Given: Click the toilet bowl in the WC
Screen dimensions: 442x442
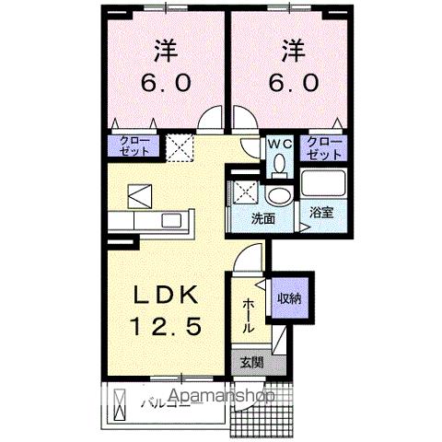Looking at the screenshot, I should click(279, 163).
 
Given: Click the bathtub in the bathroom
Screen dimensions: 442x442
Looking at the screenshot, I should click(322, 186).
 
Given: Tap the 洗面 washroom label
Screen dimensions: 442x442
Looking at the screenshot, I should click(263, 219).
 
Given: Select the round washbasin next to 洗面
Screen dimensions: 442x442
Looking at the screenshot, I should click(276, 196).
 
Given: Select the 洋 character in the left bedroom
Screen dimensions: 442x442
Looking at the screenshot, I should click(165, 47).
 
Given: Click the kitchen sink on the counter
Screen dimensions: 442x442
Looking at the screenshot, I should click(172, 222).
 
